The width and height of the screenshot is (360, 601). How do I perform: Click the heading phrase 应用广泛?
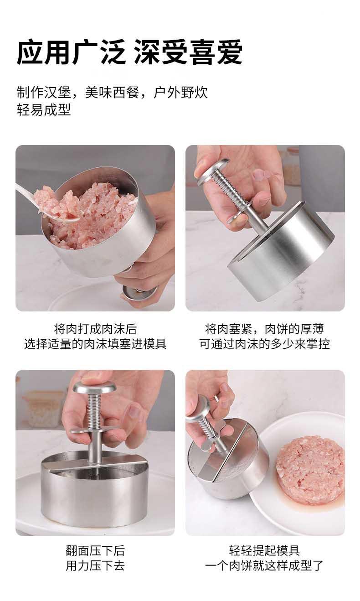pos(71,52)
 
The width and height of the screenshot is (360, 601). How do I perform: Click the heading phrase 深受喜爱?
pos(188,52)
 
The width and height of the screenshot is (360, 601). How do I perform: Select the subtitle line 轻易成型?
pos(44,109)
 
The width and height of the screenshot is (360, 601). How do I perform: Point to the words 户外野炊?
pos(180,93)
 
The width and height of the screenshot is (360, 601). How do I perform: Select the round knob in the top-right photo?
pos(213,171)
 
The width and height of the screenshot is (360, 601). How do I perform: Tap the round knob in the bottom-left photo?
pos(95,388)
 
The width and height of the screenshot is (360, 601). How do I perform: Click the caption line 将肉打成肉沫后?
pos(95,329)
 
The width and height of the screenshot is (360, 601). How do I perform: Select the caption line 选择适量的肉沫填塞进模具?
pos(95,344)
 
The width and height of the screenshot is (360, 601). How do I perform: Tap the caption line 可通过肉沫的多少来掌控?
pos(265,344)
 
